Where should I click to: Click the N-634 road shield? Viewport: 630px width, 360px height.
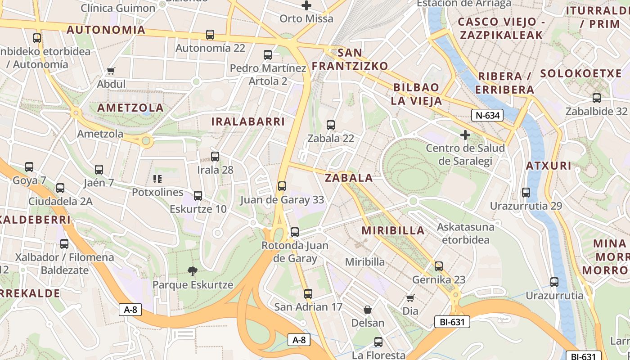pos(488,116)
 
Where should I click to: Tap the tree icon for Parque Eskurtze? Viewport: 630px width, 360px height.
pos(193,271)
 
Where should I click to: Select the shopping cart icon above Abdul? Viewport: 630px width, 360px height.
pos(111,71)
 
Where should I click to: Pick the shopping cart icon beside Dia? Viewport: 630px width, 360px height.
pos(410,298)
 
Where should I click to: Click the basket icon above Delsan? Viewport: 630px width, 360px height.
pos(368,310)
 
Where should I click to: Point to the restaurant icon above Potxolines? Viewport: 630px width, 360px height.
pos(157,179)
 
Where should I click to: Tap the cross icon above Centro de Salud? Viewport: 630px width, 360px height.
pos(465,135)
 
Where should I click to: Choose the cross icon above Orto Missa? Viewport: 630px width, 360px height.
pos(306,5)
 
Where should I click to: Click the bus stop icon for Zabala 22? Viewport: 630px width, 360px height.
pos(331,125)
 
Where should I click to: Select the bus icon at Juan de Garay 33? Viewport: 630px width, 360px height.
pos(282,186)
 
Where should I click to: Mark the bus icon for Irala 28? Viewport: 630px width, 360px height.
pos(215,157)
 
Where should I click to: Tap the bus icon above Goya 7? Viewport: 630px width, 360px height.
pos(29,167)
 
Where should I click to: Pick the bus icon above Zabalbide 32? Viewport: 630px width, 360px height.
pos(597,98)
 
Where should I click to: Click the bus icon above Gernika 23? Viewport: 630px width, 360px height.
pos(439,266)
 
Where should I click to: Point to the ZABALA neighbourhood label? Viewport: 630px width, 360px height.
pos(349,178)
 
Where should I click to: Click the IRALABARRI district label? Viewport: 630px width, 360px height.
pos(248,121)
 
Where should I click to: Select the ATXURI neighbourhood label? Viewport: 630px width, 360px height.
pos(549,166)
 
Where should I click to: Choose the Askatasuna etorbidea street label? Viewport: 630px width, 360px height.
pos(465,233)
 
